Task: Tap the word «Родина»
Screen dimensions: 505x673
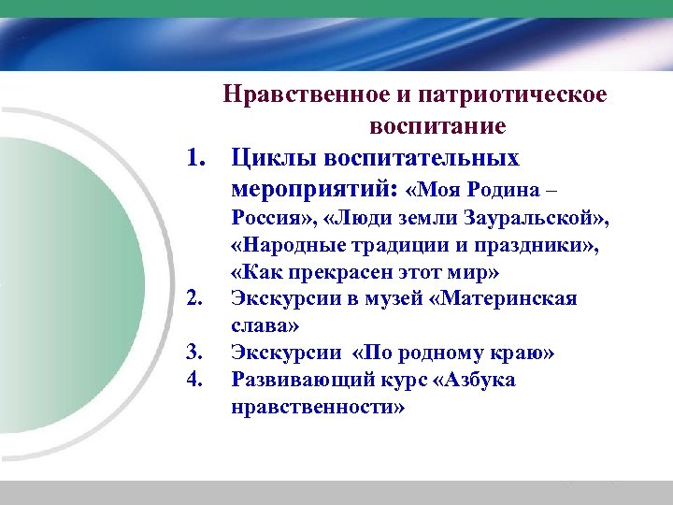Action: [496, 190]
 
